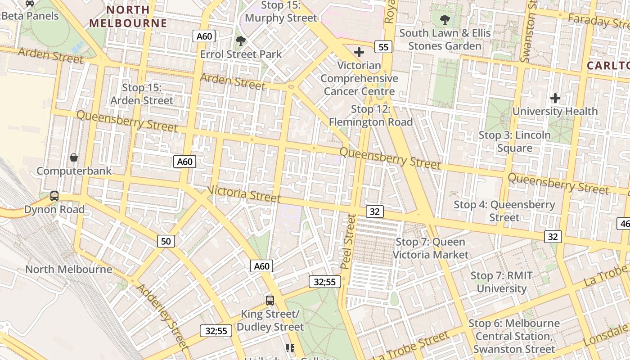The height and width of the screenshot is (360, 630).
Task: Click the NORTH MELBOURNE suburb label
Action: tap(128, 16)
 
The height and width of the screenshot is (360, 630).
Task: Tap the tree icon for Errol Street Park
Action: tap(241, 41)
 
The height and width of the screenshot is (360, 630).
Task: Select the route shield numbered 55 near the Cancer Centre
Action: tap(383, 47)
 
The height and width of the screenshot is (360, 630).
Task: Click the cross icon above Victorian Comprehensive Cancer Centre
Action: tap(359, 52)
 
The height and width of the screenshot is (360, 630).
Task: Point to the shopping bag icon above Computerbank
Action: tap(74, 157)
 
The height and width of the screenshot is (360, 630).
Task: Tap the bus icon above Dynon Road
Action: tap(54, 196)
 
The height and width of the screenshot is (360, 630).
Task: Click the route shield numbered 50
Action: tap(166, 241)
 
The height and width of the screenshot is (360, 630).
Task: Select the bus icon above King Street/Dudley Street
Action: tap(270, 300)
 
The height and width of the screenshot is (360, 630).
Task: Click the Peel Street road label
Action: tap(348, 241)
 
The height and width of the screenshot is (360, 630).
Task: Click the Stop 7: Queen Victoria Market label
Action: tap(430, 248)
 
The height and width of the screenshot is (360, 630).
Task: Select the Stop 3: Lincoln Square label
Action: tap(514, 141)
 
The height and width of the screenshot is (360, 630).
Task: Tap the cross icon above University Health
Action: tap(555, 98)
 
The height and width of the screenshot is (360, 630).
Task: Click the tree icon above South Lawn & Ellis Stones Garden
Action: tap(445, 20)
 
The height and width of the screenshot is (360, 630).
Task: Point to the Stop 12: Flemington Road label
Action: tap(370, 116)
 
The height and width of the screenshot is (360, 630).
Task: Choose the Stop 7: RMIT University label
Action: tap(501, 282)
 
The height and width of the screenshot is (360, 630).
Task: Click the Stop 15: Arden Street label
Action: tap(141, 94)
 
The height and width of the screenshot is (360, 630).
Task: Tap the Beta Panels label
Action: tap(30, 16)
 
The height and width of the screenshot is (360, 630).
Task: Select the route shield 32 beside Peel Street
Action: tap(374, 211)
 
